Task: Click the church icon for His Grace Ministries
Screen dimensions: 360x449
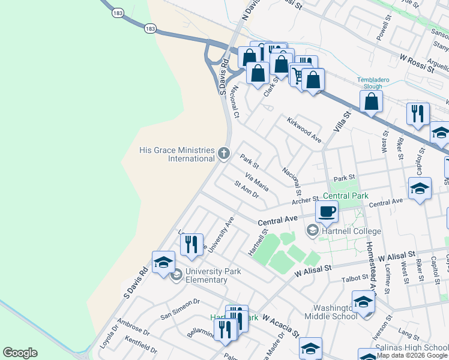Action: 224,154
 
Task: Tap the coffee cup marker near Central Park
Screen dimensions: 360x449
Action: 327,211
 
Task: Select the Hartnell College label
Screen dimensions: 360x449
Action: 352,231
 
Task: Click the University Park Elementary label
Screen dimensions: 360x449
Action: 213,275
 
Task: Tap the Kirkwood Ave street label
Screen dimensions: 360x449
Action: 304,130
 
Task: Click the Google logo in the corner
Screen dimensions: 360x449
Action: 20,353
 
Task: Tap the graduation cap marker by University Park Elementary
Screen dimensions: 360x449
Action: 163,263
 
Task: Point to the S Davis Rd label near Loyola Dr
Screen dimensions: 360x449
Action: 135,283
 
